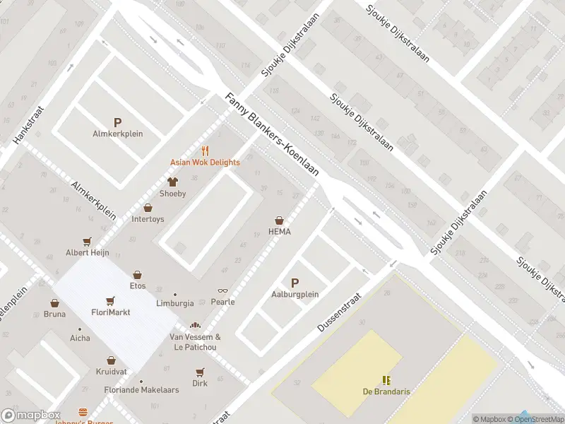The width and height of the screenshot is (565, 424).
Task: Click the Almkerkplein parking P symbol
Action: (117, 122)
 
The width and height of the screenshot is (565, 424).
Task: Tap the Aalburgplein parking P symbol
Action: (295, 283)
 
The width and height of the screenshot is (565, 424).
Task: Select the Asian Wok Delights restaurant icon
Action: (205, 151)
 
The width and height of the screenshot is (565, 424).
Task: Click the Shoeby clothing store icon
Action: (172, 182)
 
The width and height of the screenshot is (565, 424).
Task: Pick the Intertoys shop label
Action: (148, 219)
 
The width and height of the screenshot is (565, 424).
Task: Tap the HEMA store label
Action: (280, 232)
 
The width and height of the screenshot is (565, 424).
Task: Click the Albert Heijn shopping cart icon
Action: (87, 241)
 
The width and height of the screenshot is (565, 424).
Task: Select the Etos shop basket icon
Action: (137, 274)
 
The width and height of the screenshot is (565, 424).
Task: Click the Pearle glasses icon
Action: (223, 290)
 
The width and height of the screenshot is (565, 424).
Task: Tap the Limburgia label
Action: (174, 303)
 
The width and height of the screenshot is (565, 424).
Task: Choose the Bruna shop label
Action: (54, 314)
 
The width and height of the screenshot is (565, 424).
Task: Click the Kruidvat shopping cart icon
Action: (111, 360)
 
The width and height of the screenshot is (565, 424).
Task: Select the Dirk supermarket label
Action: (200, 384)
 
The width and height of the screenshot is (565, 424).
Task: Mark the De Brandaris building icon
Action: (386, 380)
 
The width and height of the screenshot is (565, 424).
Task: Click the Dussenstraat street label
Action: (339, 312)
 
